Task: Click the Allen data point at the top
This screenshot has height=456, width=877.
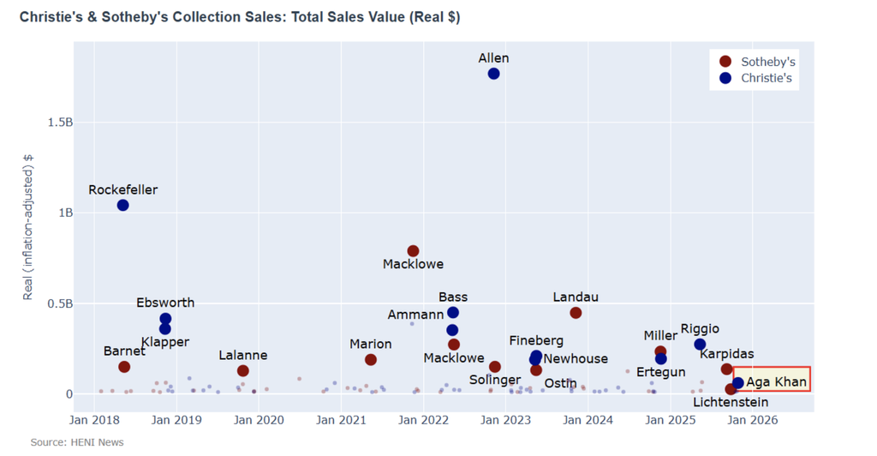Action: pyautogui.click(x=493, y=74)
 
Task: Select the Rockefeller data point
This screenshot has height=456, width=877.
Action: pyautogui.click(x=123, y=205)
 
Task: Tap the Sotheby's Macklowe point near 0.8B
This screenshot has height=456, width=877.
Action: pyautogui.click(x=413, y=250)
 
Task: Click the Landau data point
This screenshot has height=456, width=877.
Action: pyautogui.click(x=576, y=313)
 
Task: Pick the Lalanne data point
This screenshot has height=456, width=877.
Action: pyautogui.click(x=243, y=370)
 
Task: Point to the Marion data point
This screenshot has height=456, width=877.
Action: pyautogui.click(x=371, y=360)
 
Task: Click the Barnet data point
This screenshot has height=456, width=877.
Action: pyautogui.click(x=124, y=367)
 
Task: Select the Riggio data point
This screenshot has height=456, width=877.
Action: pyautogui.click(x=700, y=345)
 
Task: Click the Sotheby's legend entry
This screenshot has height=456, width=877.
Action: pyautogui.click(x=759, y=62)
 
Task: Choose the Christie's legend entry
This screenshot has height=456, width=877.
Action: pyautogui.click(x=759, y=78)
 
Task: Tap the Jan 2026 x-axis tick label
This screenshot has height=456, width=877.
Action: pyautogui.click(x=753, y=420)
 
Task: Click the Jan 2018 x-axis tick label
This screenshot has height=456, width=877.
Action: pyautogui.click(x=94, y=420)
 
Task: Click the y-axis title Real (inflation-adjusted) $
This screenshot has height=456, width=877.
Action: pyautogui.click(x=28, y=228)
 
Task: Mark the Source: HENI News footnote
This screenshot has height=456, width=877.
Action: pyautogui.click(x=77, y=442)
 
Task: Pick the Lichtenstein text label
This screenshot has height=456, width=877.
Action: pyautogui.click(x=731, y=402)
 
